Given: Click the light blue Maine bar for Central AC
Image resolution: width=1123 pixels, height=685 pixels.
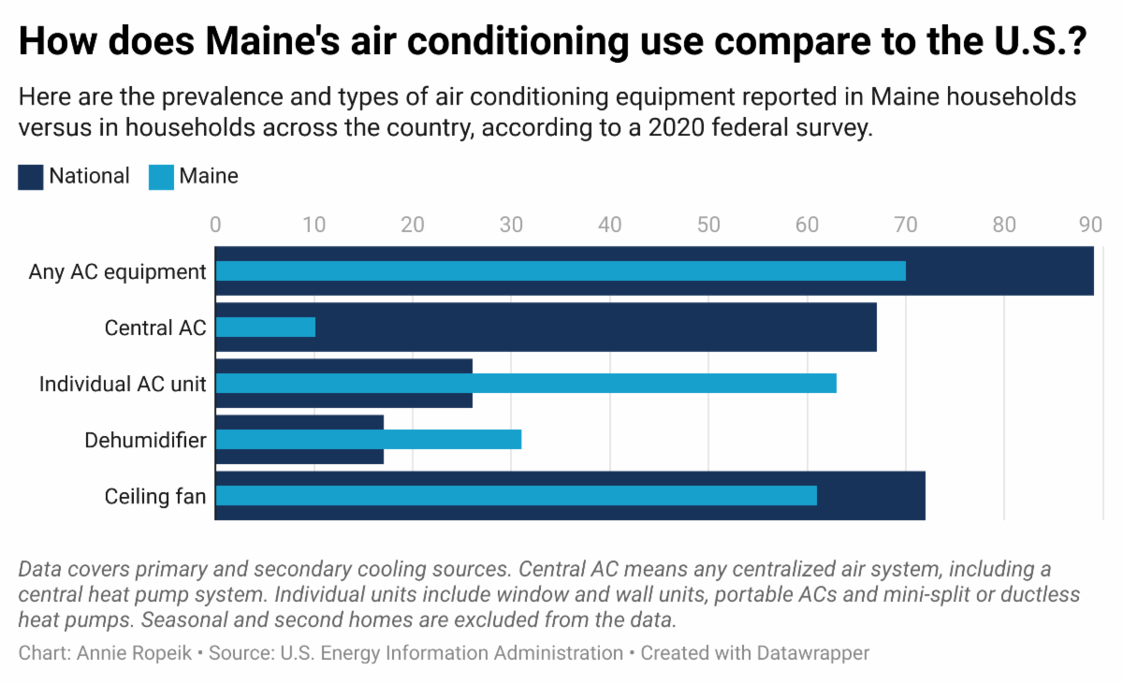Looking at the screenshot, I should tap(266, 327).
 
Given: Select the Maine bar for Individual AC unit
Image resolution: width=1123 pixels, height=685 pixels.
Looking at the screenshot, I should tap(525, 383).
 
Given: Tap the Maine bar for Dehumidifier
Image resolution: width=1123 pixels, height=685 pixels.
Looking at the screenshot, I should tap(368, 439).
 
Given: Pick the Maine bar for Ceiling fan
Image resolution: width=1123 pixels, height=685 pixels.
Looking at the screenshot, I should tap(516, 495).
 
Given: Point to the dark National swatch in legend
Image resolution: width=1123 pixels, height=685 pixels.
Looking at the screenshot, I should tap(31, 177).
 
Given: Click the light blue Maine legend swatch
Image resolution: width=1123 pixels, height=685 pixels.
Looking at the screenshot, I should tap(161, 177).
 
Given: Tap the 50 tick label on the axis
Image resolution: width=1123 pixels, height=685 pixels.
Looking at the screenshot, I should tap(707, 225).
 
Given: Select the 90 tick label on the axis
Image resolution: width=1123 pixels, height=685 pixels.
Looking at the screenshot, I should tap(1090, 225).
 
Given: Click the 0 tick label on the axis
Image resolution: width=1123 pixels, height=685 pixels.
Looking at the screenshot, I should tap(216, 225).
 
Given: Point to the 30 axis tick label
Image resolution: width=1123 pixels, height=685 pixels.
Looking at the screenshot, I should tap(510, 225).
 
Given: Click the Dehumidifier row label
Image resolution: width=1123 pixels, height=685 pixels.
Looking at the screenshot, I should tap(145, 440).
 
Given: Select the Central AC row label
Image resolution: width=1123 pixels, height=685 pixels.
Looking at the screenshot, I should tap(154, 328).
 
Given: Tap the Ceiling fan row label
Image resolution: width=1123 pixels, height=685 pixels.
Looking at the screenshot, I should tap(154, 496).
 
